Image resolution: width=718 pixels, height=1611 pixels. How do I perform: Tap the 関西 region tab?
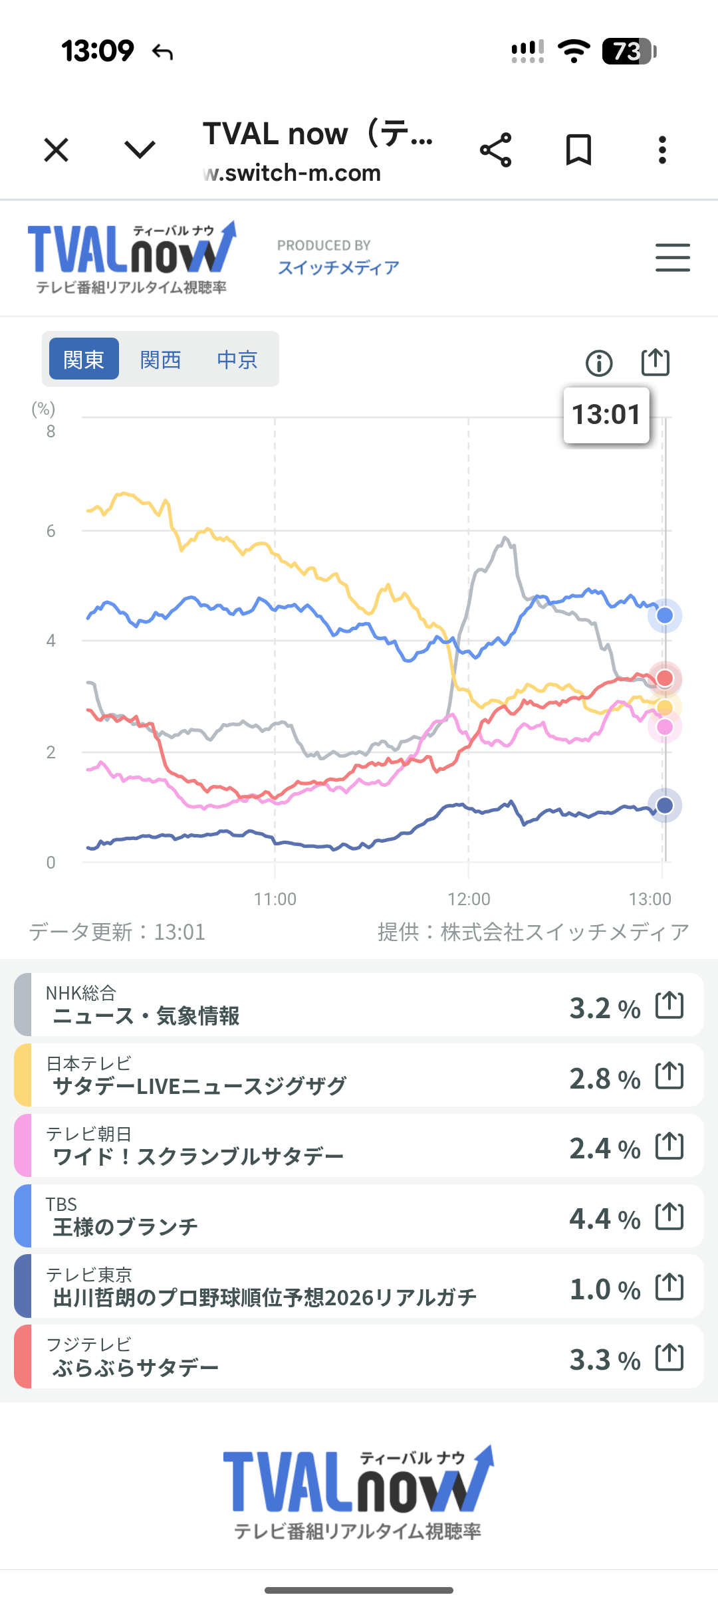tap(160, 360)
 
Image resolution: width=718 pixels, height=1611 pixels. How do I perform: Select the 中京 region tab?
tap(237, 360)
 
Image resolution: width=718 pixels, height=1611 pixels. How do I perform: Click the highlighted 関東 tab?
tap(84, 359)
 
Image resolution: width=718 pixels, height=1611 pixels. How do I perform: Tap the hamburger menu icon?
tap(672, 257)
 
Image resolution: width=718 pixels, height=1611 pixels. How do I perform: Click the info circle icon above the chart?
tap(599, 363)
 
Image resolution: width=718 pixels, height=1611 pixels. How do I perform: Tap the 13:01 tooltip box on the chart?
tap(606, 415)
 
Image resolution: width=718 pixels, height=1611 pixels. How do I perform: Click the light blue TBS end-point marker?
tap(665, 615)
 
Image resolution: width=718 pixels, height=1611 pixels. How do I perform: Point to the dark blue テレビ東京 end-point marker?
tap(665, 805)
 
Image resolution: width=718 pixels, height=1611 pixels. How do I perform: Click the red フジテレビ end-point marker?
tap(665, 678)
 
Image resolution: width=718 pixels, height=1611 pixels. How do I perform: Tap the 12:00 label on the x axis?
tap(469, 899)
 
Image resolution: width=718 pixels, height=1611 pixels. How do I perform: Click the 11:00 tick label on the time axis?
tap(275, 899)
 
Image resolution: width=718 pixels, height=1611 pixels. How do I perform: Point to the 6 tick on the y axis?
tap(51, 531)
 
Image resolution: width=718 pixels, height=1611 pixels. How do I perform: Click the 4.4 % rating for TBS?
tap(604, 1219)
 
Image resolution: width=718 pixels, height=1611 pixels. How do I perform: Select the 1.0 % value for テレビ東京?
tap(604, 1289)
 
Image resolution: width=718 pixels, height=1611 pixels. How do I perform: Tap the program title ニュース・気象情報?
tap(146, 1016)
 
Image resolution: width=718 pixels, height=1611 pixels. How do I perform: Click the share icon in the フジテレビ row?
tap(669, 1357)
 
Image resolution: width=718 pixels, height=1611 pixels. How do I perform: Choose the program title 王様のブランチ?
tap(126, 1227)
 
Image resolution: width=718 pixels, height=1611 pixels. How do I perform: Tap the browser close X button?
tap(57, 150)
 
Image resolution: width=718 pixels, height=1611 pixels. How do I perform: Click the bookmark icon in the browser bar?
tap(578, 150)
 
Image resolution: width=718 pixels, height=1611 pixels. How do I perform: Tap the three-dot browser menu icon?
tap(662, 150)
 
